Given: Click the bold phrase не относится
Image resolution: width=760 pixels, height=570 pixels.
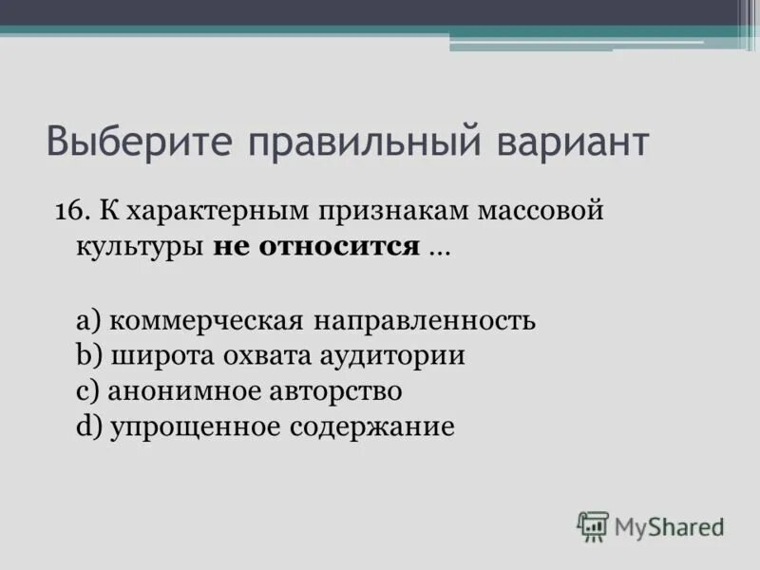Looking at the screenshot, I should coord(316,247).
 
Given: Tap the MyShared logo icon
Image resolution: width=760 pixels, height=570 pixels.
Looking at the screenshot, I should coord(593,525).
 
